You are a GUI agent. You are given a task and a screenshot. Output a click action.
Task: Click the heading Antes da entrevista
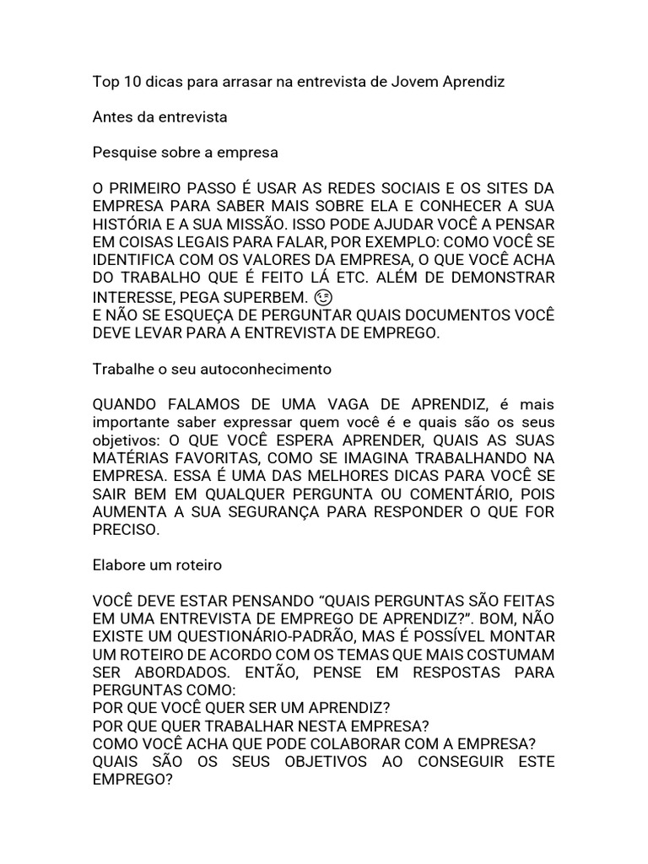pos(159,117)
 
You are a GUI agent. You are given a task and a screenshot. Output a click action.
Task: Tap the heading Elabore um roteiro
pos(157,564)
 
